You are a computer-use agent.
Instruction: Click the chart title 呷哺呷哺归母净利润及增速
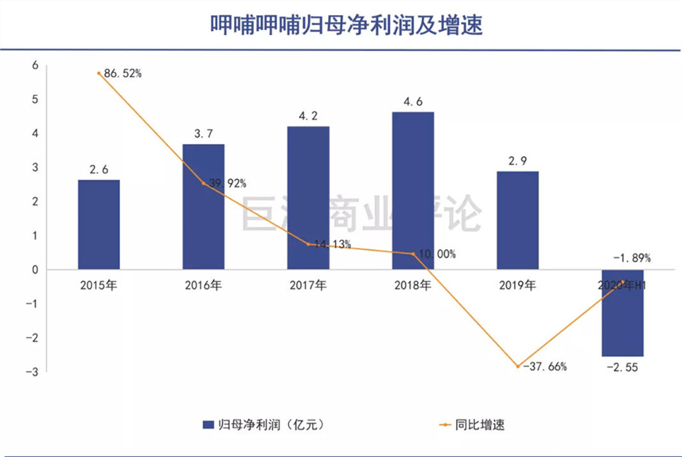[341, 24]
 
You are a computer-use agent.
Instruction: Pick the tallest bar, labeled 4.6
[413, 190]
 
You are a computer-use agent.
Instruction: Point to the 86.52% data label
[123, 74]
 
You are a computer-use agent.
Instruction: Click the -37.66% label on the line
[546, 367]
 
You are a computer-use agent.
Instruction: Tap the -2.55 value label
[622, 368]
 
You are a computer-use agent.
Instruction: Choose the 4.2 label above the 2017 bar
[308, 115]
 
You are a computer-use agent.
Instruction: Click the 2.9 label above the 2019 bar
[517, 159]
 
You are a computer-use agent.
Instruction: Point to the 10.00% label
[437, 255]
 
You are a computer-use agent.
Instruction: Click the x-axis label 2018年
[413, 284]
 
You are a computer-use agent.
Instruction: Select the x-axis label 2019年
[517, 284]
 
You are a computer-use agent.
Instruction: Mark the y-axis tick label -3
[33, 372]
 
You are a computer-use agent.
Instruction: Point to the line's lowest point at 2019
[518, 367]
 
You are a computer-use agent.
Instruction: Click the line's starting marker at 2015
[99, 73]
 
